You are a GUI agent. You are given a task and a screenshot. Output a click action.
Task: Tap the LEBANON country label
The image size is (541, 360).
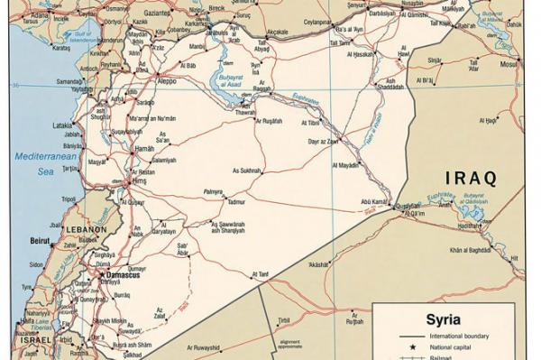(x=86, y=229)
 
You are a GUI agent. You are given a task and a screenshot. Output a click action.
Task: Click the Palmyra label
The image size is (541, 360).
(x=212, y=192)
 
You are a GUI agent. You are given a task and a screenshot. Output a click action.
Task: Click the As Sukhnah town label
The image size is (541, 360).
(x=248, y=170)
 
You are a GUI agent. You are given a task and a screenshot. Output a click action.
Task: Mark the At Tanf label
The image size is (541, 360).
(x=261, y=273)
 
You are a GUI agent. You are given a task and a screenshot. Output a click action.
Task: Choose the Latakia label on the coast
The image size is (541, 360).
(x=62, y=125)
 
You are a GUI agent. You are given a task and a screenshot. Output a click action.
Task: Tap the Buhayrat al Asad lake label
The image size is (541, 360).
(x=225, y=81)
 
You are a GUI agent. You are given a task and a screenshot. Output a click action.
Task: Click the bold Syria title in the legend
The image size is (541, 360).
(x=443, y=318)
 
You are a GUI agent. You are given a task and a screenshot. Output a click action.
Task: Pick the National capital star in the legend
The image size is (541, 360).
(x=412, y=346)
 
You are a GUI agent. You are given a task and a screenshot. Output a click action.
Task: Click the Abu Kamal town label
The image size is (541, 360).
(x=375, y=201)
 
